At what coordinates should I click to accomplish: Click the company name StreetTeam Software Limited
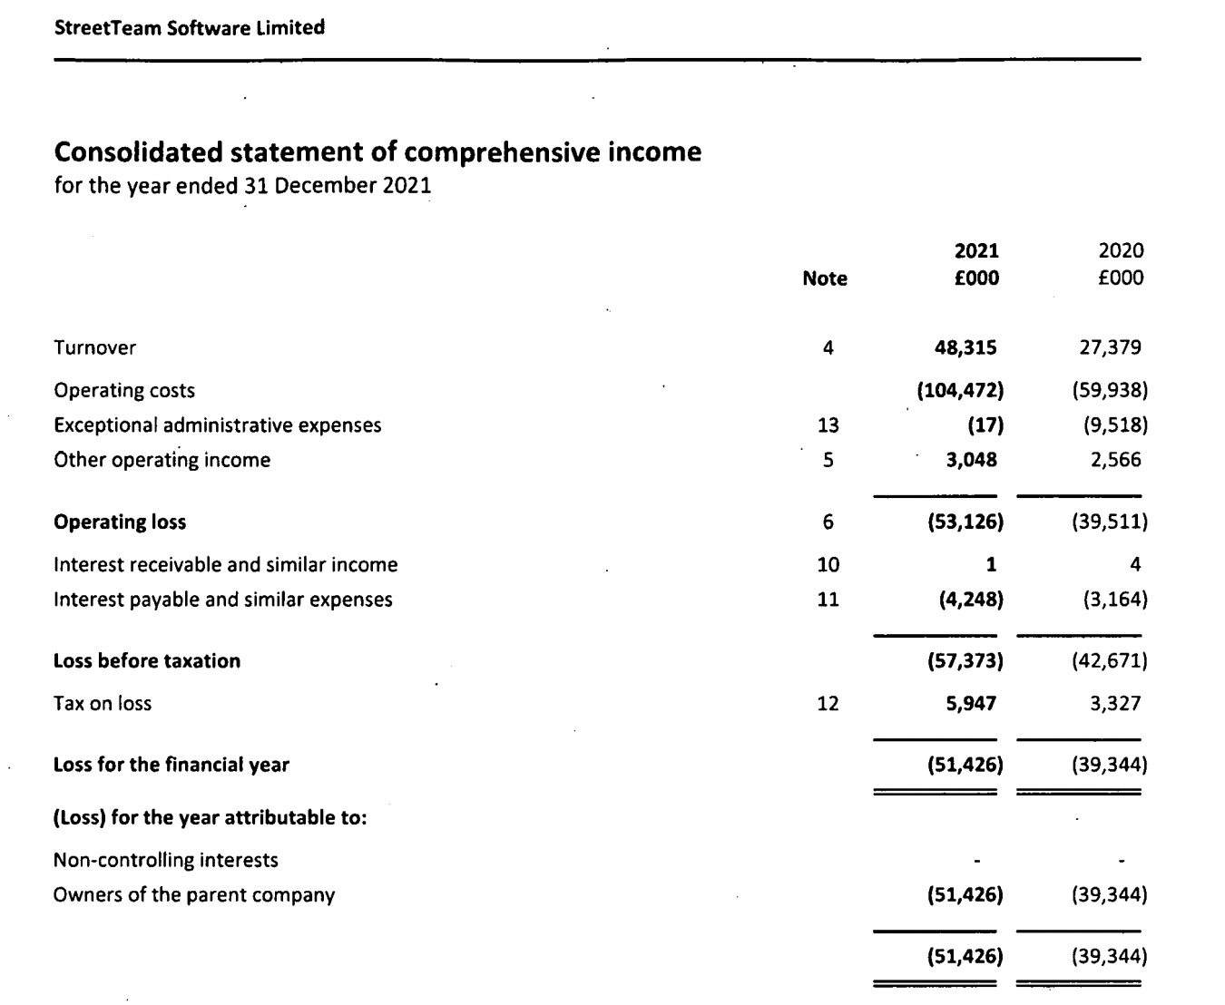pyautogui.click(x=190, y=28)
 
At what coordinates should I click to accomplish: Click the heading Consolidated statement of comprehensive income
pyautogui.click(x=377, y=151)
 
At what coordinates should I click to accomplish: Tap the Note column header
pyautogui.click(x=825, y=279)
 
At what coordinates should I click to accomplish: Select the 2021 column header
pyautogui.click(x=976, y=251)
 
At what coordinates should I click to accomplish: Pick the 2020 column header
pyautogui.click(x=1121, y=251)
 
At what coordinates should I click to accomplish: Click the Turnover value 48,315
pyautogui.click(x=965, y=347)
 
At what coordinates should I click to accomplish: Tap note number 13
pyautogui.click(x=828, y=425)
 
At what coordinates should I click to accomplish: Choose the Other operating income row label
pyautogui.click(x=162, y=460)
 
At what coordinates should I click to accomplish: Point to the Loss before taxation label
pyautogui.click(x=147, y=661)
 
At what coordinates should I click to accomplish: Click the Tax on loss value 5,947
pyautogui.click(x=970, y=704)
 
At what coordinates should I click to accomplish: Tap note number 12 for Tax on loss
pyautogui.click(x=828, y=704)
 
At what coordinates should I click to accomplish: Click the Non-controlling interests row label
pyautogui.click(x=166, y=860)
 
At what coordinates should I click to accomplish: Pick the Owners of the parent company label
pyautogui.click(x=194, y=895)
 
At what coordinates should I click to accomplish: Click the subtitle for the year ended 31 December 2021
pyautogui.click(x=243, y=186)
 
